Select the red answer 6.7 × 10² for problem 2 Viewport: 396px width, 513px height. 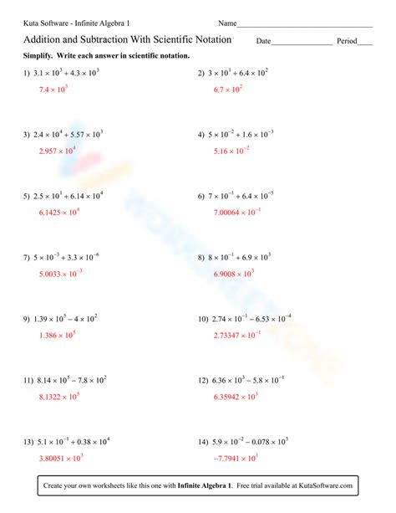[228, 88]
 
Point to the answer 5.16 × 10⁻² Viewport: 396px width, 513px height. [231, 151]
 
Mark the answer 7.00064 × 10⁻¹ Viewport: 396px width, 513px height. [237, 213]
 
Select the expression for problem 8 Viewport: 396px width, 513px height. [239, 258]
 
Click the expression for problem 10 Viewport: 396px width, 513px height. [250, 319]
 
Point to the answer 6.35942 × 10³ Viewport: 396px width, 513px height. [236, 396]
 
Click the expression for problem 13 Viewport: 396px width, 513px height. [72, 441]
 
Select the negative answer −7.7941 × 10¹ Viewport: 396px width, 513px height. [237, 458]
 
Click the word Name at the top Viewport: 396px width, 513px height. [227, 23]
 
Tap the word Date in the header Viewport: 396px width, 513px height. [263, 41]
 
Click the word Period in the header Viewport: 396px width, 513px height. [347, 41]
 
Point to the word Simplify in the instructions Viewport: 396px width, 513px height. [39, 55]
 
